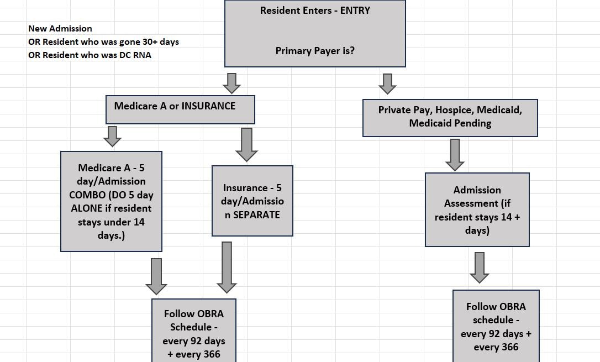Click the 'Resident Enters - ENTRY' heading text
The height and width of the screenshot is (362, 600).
(315, 11)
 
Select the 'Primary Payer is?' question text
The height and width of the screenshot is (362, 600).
(315, 50)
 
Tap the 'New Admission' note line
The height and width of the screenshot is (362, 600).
(60, 28)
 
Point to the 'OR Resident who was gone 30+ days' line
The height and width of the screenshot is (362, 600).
(103, 41)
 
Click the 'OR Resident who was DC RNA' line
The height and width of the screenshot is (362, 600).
(90, 55)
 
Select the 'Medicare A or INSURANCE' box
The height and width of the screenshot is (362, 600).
(180, 109)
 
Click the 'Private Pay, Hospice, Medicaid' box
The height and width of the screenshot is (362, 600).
(450, 117)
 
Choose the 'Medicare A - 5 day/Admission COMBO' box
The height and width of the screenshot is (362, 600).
(111, 201)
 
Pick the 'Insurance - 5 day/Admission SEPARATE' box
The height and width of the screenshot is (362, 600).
(252, 201)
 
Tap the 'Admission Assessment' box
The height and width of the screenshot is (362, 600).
(477, 209)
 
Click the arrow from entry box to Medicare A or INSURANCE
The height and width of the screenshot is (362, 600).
(231, 83)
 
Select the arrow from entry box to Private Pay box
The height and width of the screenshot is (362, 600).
(387, 83)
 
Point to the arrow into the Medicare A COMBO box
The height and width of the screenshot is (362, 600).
(112, 136)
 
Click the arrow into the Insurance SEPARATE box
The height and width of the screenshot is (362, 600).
(246, 144)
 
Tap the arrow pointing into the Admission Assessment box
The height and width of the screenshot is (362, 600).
(455, 154)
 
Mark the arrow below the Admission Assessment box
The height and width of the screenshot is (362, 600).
(479, 267)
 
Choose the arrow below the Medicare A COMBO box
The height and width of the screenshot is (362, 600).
(156, 276)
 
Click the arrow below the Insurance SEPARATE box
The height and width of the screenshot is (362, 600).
(227, 267)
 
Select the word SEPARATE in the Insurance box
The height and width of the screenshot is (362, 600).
(256, 214)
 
